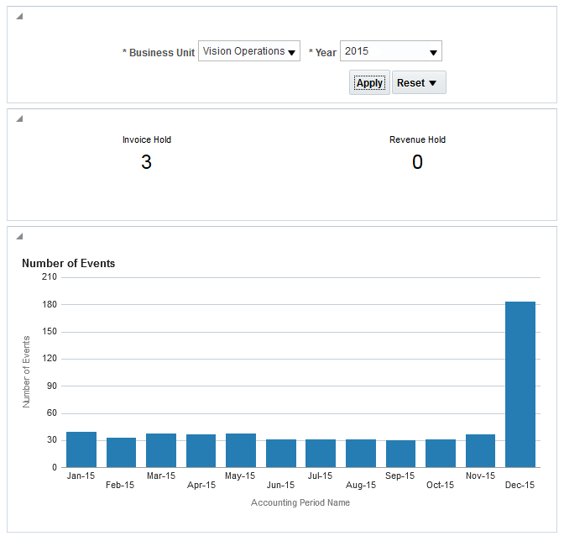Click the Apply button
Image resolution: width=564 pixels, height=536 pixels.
point(369,82)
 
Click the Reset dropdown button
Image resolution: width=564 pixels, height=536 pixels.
point(418,82)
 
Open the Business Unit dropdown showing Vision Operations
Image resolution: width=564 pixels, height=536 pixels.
point(249,51)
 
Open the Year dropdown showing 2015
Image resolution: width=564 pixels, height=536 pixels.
point(390,51)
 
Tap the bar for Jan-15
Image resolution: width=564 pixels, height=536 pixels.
point(81,449)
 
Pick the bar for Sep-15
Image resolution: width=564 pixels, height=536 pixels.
point(400,454)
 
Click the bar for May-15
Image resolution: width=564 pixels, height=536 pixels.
point(241,450)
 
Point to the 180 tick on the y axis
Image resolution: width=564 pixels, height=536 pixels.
point(49,304)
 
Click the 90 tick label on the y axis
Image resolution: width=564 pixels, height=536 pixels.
point(51,386)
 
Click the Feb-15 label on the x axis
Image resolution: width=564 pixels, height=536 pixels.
point(121,485)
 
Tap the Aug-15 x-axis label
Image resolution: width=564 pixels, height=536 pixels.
point(360,485)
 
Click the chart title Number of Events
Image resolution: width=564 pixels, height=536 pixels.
point(69,263)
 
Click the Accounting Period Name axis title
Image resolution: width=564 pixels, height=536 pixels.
point(300,502)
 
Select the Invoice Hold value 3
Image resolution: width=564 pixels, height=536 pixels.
point(146,162)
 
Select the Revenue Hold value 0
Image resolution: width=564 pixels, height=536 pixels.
point(417,162)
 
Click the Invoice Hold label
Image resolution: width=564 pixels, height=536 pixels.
point(147,139)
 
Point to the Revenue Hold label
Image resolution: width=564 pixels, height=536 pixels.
point(417,139)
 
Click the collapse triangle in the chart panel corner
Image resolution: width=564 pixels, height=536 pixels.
point(19,236)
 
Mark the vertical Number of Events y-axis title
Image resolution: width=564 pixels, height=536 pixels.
point(26,371)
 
